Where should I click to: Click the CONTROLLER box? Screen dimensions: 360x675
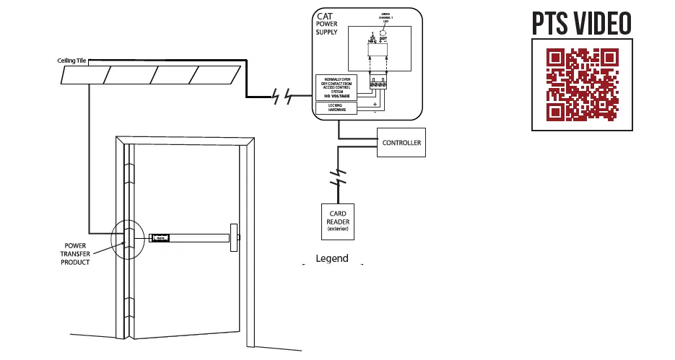(401, 143)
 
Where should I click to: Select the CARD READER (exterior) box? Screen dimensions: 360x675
(338, 221)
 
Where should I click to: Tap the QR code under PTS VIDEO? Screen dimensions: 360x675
(582, 84)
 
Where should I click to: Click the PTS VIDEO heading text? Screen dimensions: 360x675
(582, 23)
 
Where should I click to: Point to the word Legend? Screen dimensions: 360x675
(332, 258)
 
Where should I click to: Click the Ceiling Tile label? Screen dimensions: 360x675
(72, 61)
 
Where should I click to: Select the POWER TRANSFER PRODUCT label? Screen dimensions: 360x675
(75, 254)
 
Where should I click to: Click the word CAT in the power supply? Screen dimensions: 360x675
(325, 16)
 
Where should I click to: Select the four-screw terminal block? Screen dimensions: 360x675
(378, 84)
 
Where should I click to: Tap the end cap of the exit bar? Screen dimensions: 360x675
(234, 237)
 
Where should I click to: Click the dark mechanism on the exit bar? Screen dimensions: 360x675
(159, 238)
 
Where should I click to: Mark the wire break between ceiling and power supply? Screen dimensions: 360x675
(282, 96)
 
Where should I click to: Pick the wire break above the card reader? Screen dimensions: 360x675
(337, 177)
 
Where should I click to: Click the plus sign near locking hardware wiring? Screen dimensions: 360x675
(375, 104)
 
